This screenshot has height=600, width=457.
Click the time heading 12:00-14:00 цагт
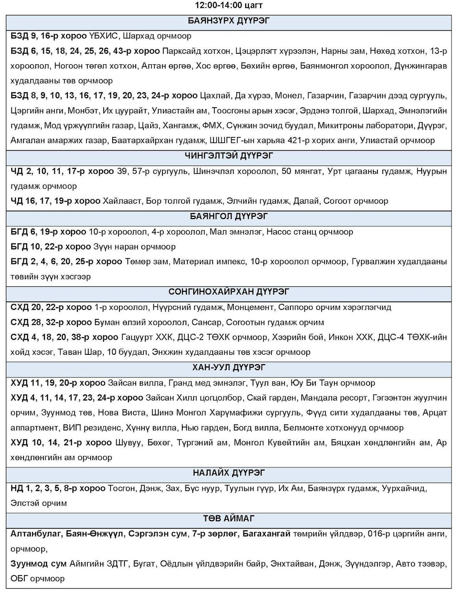228,5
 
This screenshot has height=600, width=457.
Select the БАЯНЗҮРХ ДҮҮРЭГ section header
228,21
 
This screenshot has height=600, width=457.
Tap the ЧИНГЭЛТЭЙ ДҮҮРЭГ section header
228,156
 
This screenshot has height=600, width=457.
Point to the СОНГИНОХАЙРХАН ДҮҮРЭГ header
228,292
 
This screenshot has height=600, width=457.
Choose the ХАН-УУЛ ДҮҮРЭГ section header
228,367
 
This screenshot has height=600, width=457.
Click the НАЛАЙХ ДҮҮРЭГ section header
228,473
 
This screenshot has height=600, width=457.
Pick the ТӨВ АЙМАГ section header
228,518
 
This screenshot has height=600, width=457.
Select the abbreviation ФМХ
211,125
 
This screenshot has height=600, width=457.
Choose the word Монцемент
251,307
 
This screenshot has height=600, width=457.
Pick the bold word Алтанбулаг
36,534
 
